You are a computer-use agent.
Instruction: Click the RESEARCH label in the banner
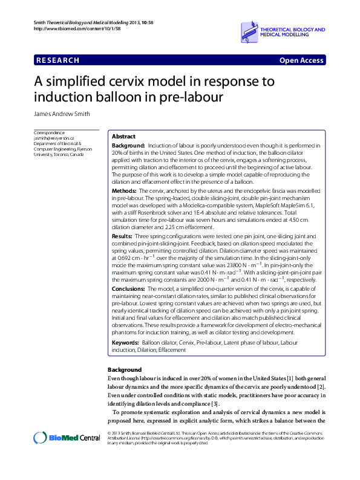(58, 60)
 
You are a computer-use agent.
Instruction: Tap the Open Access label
(301, 60)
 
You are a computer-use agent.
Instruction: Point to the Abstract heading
(124, 137)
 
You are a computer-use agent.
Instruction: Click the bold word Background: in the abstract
(128, 146)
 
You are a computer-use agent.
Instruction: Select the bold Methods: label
(125, 190)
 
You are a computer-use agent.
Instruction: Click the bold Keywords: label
(125, 343)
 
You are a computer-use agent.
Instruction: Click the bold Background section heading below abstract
(125, 369)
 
